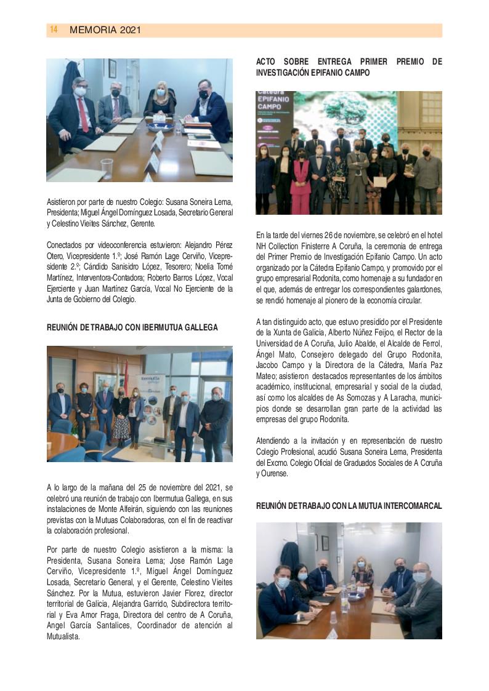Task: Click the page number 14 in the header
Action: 54,30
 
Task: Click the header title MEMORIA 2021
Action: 105,30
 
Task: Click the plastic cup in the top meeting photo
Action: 107,167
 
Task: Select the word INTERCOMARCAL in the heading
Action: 413,506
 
